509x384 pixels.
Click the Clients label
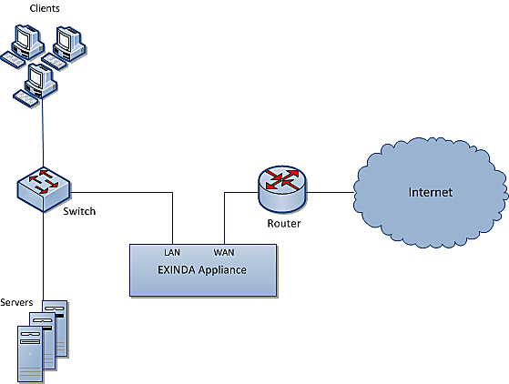pos(45,8)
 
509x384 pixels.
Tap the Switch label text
pos(79,211)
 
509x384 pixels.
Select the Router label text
pos(284,224)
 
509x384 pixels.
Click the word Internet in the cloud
pos(430,192)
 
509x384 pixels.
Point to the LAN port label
pos(172,252)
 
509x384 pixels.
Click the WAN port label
pos(224,252)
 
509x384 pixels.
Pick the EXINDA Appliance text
pos(202,270)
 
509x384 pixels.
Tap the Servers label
pos(16,302)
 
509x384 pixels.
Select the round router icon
pos(282,188)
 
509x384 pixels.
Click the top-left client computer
pos(23,45)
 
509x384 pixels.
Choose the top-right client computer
pos(64,48)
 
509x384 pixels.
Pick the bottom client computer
pos(36,85)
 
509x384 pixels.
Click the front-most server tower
pos(30,354)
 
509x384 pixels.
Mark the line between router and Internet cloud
pos(330,192)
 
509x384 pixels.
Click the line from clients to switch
pos(43,133)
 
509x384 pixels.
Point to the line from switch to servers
pos(43,257)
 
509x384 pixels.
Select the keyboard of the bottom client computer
pos(25,98)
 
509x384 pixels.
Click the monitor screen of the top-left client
pos(24,36)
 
